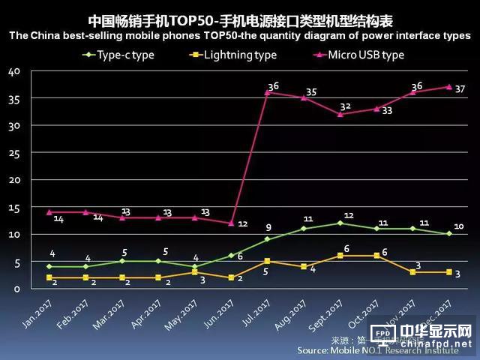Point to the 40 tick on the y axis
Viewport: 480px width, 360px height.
point(14,71)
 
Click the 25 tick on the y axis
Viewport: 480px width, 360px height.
point(14,153)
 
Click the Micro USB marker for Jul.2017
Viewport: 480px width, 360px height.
point(267,93)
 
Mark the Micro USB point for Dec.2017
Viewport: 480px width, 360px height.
point(449,87)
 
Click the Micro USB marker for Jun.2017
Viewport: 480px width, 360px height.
point(230,223)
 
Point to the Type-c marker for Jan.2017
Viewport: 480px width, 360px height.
point(49,266)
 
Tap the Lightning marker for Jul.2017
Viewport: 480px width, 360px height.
point(267,261)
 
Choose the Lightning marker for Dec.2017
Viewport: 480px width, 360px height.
point(449,272)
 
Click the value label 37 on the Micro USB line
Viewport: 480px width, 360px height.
point(460,88)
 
